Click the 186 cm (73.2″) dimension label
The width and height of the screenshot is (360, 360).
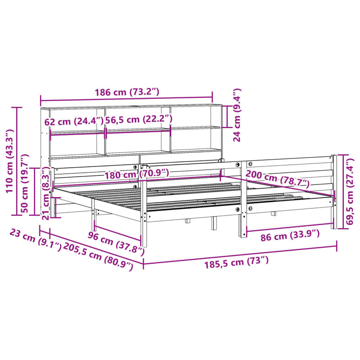point(127,92)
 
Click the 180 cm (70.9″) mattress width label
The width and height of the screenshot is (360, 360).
point(137,174)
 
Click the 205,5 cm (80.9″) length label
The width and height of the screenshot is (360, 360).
point(99,255)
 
